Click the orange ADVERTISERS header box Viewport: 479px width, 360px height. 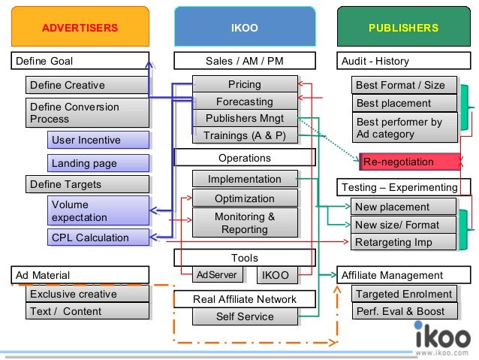tap(80, 28)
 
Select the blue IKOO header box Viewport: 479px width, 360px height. tap(244, 28)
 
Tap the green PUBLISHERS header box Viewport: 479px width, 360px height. tap(403, 28)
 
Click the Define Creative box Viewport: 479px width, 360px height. tap(87, 85)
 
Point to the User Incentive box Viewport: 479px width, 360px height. tap(98, 140)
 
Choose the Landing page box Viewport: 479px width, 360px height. tap(98, 163)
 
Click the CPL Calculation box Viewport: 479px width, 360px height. tap(98, 238)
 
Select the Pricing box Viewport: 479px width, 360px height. tap(244, 85)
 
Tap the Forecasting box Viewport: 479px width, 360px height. tap(244, 101)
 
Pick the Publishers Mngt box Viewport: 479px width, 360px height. tap(244, 118)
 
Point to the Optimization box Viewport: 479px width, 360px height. tap(244, 198)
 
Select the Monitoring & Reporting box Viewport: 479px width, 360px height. tap(244, 223)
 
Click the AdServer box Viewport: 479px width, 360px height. tap(216, 275)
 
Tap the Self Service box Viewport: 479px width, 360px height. tap(244, 316)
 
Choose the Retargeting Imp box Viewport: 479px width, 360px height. tap(403, 242)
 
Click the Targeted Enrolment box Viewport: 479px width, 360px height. tap(403, 294)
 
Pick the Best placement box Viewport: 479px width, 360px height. tap(404, 103)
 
